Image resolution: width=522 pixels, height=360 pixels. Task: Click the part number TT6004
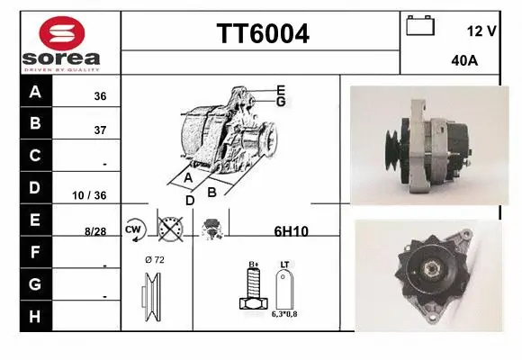point(262,34)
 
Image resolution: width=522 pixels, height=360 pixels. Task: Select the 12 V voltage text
point(481,31)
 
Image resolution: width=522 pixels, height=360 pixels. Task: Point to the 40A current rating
point(463,62)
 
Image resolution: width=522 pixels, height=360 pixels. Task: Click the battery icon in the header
point(420,25)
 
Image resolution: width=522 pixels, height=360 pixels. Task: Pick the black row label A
point(35,92)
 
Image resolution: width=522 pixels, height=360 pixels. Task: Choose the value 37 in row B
point(100,130)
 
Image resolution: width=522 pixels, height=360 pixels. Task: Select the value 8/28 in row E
point(95,231)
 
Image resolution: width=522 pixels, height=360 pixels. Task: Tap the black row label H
point(35,317)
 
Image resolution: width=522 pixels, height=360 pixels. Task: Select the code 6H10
point(291,231)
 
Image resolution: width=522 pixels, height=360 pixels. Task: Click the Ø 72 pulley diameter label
point(154,260)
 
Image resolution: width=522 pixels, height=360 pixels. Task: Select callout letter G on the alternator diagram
point(281,102)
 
